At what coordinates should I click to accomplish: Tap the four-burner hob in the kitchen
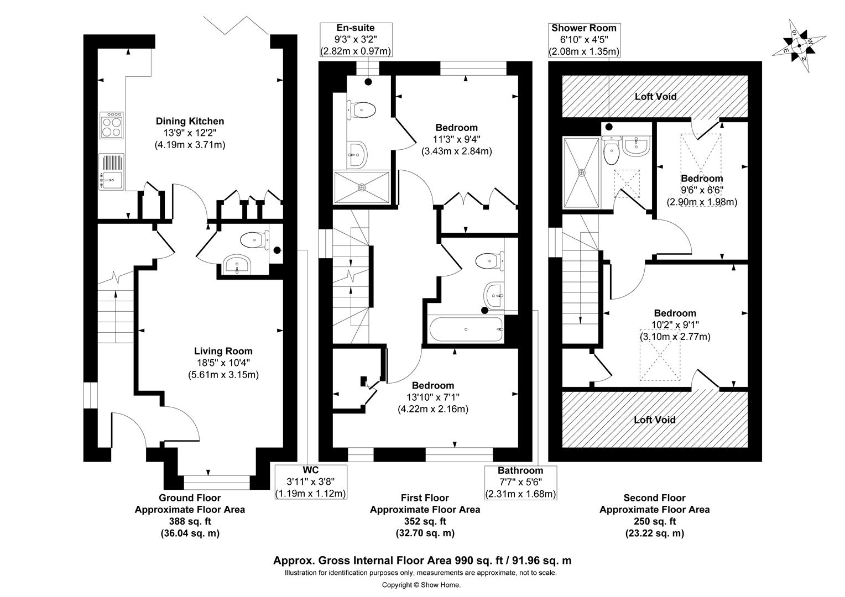pyautogui.click(x=112, y=125)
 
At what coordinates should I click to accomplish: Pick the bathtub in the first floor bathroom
pyautogui.click(x=467, y=330)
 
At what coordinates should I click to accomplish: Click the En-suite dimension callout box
pyautogui.click(x=356, y=40)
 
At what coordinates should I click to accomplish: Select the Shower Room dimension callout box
pyautogui.click(x=583, y=40)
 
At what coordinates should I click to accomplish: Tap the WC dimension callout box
pyautogui.click(x=311, y=482)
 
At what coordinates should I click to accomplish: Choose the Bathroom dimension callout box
pyautogui.click(x=520, y=482)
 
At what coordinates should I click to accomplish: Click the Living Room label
pyautogui.click(x=223, y=351)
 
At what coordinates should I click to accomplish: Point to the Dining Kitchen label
pyautogui.click(x=190, y=121)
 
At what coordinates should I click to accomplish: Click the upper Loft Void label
pyautogui.click(x=655, y=96)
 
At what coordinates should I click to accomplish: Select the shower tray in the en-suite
pyautogui.click(x=362, y=187)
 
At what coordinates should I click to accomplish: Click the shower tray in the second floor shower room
pyautogui.click(x=581, y=173)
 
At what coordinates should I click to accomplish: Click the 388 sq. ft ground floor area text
pyautogui.click(x=190, y=521)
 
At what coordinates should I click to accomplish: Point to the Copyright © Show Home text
pyautogui.click(x=421, y=585)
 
